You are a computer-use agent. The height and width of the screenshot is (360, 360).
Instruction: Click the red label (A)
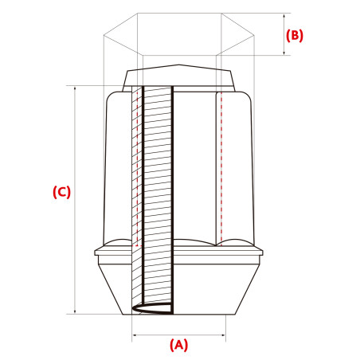[178, 345]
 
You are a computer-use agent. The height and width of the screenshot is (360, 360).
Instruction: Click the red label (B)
[295, 35]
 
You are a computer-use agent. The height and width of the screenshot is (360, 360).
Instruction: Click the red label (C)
[61, 192]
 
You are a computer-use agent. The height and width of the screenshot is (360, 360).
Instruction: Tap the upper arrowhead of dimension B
[284, 16]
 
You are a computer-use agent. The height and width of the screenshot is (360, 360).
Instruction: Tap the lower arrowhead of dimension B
[284, 53]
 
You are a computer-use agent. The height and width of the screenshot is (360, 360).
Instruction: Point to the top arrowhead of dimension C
[75, 88]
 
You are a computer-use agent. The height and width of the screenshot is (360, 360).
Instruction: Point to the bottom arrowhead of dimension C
[75, 311]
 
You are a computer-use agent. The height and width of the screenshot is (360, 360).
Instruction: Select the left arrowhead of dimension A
[135, 335]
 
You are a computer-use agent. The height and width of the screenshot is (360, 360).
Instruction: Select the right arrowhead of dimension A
[223, 335]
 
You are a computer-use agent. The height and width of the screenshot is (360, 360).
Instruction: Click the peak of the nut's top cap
[178, 65]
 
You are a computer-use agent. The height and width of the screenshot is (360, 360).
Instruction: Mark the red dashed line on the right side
[221, 169]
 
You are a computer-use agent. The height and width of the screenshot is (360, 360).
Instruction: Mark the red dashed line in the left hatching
[137, 169]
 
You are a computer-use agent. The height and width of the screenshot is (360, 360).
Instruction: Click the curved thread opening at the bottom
[152, 308]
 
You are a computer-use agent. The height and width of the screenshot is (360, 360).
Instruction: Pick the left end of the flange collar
[95, 252]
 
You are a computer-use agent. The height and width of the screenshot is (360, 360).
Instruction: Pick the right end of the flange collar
[262, 252]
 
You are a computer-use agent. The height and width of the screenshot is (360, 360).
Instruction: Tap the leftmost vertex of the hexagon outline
[104, 35]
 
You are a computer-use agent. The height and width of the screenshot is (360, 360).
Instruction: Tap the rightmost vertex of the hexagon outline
[254, 35]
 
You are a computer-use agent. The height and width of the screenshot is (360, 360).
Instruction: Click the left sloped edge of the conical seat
[111, 289]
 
